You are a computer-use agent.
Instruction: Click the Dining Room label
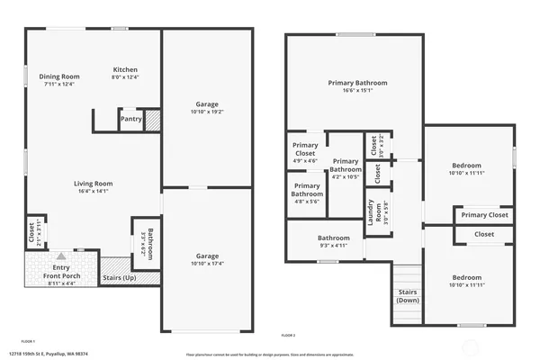click(59, 77)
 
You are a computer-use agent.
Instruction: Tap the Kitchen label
click(125, 70)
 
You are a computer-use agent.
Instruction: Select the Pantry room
click(131, 117)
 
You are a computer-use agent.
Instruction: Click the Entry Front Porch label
click(60, 272)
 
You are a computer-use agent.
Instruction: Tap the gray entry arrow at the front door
click(60, 256)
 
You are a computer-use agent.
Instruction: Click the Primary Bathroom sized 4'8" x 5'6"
click(305, 193)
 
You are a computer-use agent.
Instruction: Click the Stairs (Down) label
click(407, 295)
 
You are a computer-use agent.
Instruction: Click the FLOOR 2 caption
click(288, 335)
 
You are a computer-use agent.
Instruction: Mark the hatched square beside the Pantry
click(153, 119)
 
